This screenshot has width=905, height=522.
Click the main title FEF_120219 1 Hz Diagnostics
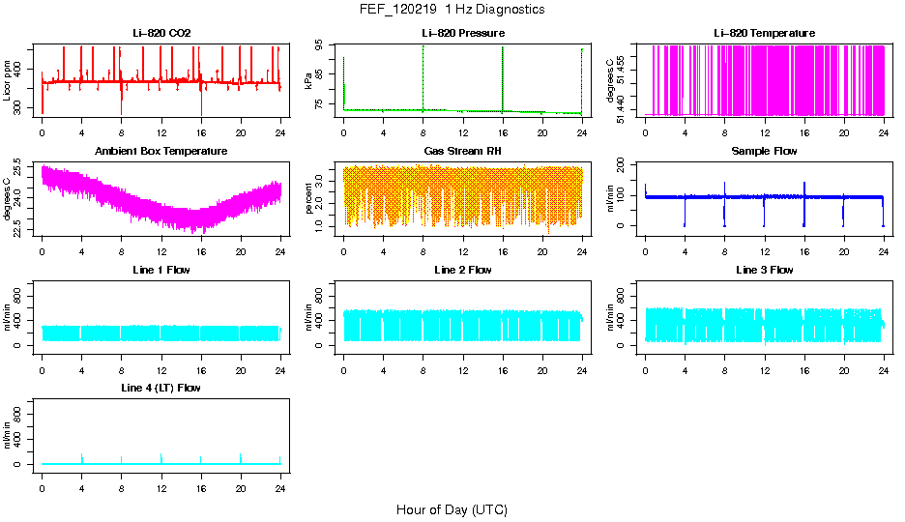[x=452, y=10]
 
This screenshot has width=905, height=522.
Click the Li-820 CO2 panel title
[x=161, y=34]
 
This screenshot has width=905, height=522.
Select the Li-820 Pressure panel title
[x=463, y=34]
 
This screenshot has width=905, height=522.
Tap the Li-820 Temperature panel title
[x=764, y=34]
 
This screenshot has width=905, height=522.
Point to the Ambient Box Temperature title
[x=161, y=152]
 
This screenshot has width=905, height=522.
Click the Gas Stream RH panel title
[x=463, y=152]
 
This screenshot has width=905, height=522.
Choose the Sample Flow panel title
[x=764, y=152]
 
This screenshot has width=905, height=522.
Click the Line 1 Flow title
[x=161, y=270]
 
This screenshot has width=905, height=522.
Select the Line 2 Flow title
[x=463, y=270]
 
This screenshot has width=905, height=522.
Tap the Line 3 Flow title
[x=764, y=270]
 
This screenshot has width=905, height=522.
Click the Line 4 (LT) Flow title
[x=161, y=388]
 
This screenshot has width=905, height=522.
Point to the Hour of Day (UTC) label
[x=452, y=509]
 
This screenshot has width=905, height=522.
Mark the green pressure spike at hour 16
[x=503, y=77]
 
